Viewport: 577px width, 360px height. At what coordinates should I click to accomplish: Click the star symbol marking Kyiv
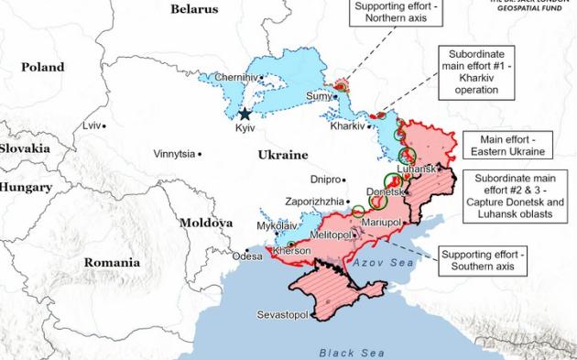[245, 115]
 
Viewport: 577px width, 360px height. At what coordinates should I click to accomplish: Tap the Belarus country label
[194, 9]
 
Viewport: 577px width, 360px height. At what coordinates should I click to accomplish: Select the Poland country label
[44, 67]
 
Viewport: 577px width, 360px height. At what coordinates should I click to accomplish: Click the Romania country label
[112, 262]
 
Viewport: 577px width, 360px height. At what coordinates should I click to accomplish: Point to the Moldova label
[207, 223]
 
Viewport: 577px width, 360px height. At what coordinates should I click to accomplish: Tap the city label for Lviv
[91, 125]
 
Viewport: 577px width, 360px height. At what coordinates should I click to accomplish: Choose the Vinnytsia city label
[174, 153]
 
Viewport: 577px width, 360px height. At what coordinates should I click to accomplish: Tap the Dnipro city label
[325, 180]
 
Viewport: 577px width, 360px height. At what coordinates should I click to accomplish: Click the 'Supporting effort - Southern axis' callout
[476, 260]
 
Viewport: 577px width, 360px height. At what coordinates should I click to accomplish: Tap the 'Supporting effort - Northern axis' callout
[396, 14]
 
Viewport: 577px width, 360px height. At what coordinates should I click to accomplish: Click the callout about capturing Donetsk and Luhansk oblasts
[516, 196]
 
